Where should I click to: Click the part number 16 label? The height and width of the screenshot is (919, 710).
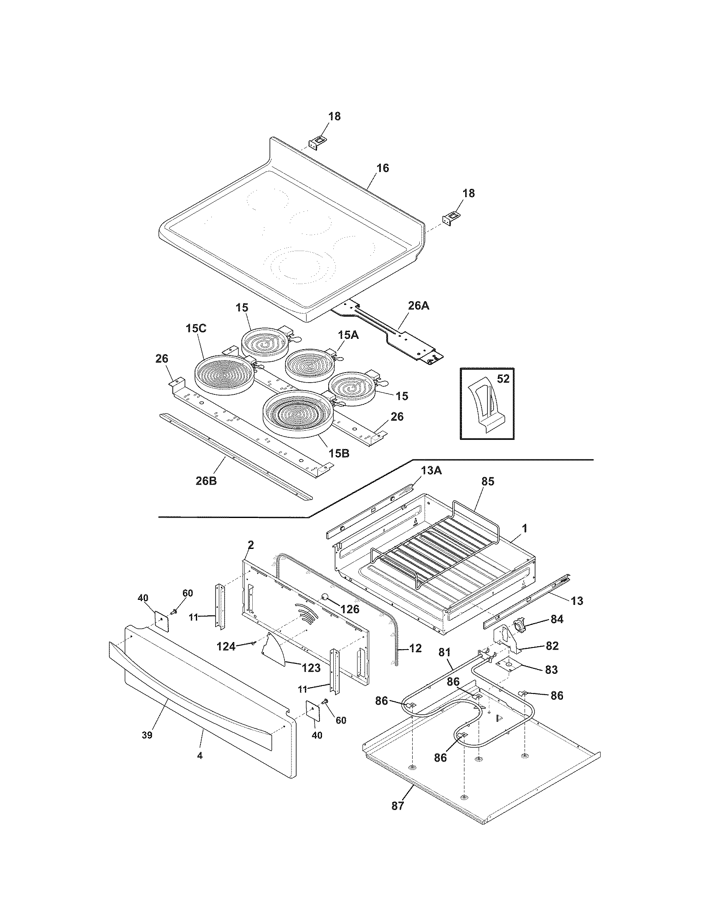[382, 168]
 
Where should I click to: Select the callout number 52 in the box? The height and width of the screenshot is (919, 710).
[503, 379]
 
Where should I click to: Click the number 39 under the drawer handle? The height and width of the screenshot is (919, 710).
[147, 735]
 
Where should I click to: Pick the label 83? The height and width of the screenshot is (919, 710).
[551, 669]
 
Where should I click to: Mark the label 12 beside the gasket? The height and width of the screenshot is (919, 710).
[415, 648]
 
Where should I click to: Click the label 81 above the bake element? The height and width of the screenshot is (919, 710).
[445, 652]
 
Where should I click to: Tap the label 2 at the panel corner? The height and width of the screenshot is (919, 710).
[251, 545]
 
